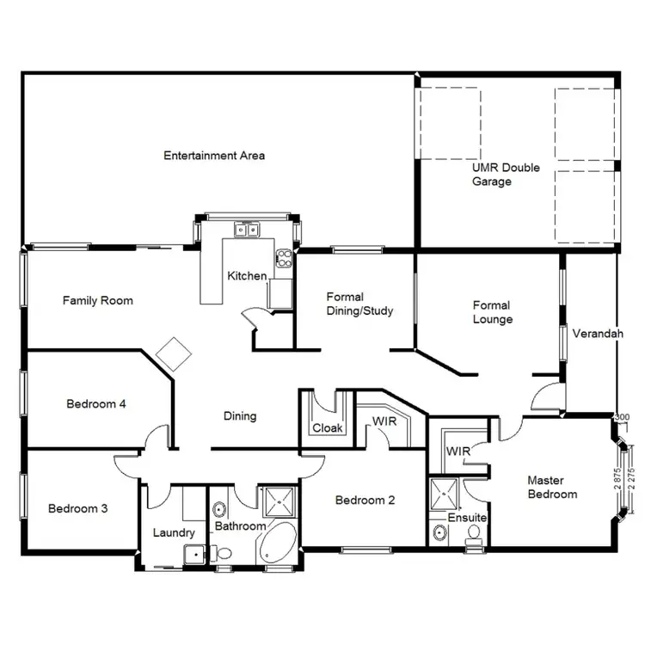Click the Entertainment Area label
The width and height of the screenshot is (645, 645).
[x=214, y=156]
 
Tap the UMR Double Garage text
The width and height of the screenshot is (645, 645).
[x=505, y=175]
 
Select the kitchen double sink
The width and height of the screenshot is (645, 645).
[x=248, y=230]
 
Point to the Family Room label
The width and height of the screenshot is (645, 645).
[x=97, y=301]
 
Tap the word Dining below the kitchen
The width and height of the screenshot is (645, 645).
[x=240, y=416]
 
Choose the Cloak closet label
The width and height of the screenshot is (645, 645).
[x=327, y=427]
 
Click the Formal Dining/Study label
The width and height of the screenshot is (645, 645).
[x=359, y=304]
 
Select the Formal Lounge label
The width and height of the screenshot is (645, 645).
[x=492, y=312]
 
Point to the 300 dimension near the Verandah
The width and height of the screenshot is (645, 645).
[x=623, y=418]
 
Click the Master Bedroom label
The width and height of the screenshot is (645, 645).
[x=552, y=488]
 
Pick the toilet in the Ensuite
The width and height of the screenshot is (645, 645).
[x=473, y=535]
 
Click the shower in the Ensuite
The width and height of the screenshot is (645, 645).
[x=445, y=493]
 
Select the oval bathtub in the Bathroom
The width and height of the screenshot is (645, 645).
[x=277, y=542]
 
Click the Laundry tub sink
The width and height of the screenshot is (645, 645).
[x=196, y=554]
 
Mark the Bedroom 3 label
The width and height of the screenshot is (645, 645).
[x=77, y=508]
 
